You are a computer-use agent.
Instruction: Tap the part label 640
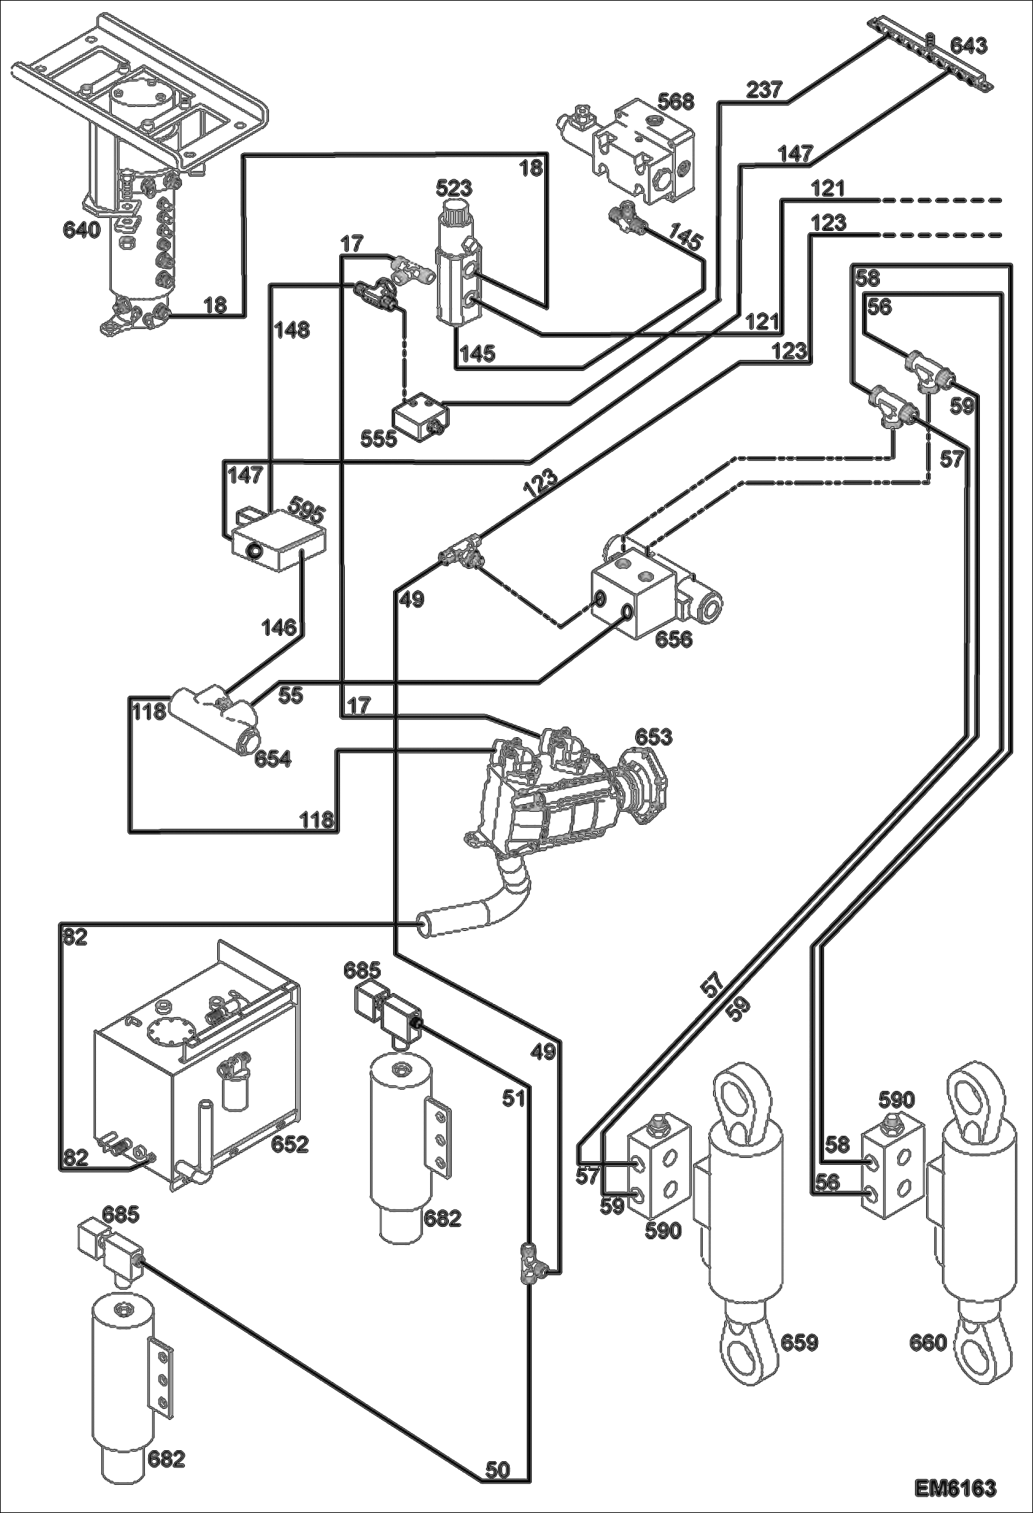point(82,229)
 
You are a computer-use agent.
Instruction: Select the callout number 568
point(675,101)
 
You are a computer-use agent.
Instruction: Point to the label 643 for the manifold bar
point(968,46)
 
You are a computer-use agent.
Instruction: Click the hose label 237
point(763,90)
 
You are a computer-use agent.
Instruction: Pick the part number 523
point(454,188)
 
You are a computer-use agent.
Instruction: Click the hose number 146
point(279,628)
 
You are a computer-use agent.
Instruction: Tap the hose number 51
point(513,1098)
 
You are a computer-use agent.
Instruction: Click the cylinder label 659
point(799,1342)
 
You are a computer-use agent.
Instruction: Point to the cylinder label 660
point(928,1342)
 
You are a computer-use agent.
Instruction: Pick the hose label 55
point(290,696)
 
